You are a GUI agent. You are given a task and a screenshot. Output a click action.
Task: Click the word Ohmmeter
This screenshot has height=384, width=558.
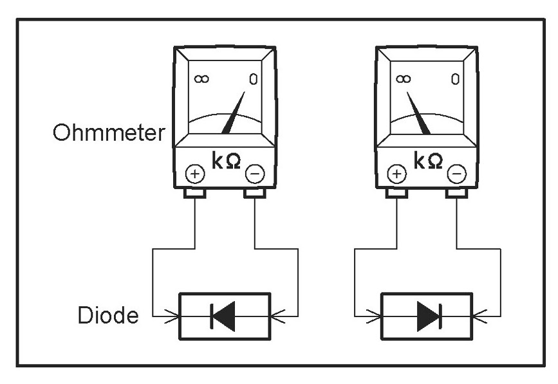109,134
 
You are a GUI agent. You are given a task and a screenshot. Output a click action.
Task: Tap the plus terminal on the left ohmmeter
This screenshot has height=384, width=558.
194,174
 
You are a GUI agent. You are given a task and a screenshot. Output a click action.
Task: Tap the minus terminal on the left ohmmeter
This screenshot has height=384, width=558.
255,173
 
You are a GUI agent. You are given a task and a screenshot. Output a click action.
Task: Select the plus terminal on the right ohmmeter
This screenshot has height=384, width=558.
397,174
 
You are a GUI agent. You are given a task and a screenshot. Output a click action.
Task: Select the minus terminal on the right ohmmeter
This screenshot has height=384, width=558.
456,173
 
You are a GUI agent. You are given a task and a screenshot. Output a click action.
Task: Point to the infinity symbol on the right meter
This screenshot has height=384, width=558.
404,79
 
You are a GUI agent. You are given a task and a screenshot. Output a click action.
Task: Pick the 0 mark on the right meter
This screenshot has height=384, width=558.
454,79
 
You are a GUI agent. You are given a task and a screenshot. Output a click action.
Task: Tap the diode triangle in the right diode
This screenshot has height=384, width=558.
426,316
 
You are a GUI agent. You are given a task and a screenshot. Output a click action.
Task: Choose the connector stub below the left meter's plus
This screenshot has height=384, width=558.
194,192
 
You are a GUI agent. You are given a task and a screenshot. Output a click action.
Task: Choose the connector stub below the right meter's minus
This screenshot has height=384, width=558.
456,192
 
